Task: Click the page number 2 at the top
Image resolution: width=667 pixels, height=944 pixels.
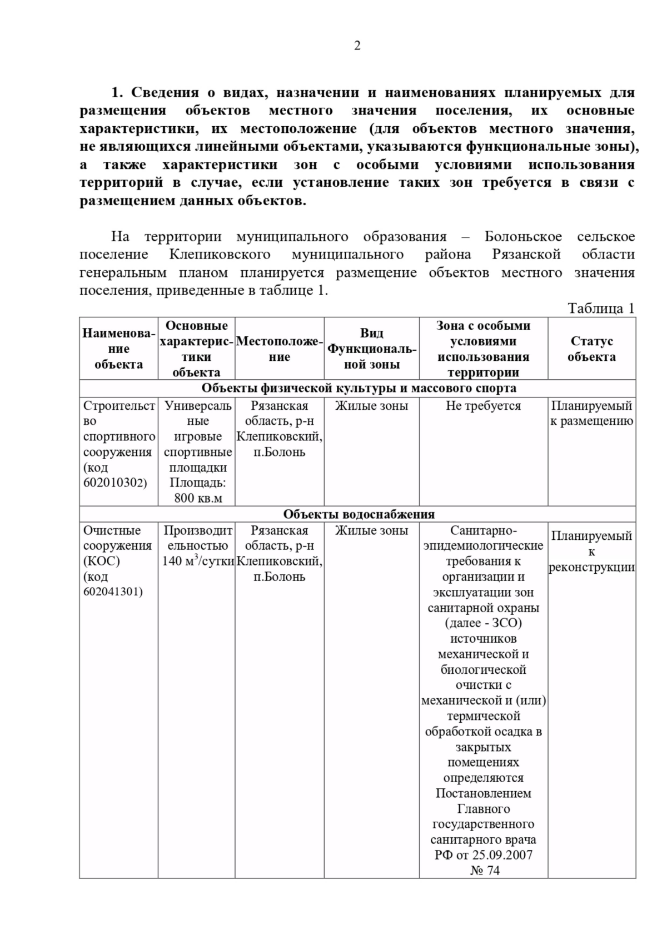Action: click(x=357, y=46)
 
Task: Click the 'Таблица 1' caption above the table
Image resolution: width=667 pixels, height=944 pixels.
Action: click(x=600, y=309)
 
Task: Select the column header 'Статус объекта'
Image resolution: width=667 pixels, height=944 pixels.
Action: click(x=591, y=349)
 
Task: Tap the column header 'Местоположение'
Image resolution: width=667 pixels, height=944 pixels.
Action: click(x=279, y=349)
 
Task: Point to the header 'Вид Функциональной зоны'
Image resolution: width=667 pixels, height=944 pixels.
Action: click(x=371, y=349)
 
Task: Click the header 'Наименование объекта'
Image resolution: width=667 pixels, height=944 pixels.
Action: click(x=118, y=349)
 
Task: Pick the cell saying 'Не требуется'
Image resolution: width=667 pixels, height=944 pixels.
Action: click(x=483, y=406)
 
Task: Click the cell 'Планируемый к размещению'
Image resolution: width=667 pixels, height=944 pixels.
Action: click(x=591, y=413)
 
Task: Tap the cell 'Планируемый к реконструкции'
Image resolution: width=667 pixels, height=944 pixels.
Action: click(x=591, y=552)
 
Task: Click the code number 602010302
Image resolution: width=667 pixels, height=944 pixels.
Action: click(x=115, y=483)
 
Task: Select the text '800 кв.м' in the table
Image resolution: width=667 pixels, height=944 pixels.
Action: click(x=198, y=498)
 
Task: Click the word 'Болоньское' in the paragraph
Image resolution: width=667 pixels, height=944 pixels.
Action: click(x=523, y=237)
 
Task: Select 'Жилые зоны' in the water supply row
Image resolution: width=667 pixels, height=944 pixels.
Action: click(x=371, y=530)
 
